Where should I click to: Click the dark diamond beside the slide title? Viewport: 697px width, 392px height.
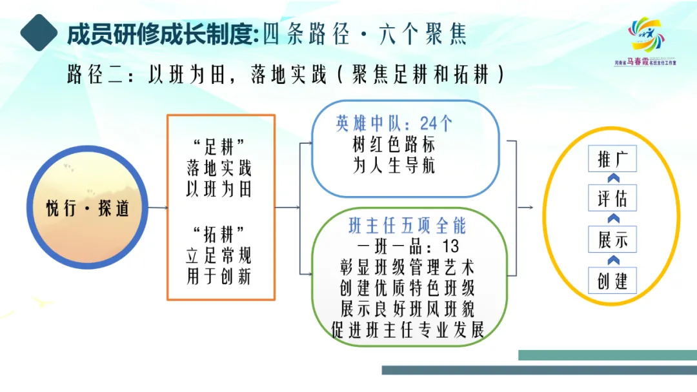point(39,32)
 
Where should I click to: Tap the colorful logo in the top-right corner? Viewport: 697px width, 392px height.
point(647,35)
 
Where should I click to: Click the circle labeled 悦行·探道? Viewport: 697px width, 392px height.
point(87,208)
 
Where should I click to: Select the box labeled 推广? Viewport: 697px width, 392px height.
point(612,159)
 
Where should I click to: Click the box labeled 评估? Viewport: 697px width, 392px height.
point(612,198)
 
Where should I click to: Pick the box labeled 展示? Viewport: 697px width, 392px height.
point(612,239)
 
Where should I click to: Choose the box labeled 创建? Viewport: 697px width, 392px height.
point(612,280)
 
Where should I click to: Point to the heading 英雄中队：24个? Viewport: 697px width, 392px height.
point(394,123)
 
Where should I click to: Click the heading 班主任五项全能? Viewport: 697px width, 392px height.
point(407,226)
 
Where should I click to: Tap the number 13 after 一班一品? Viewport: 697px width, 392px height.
point(450,246)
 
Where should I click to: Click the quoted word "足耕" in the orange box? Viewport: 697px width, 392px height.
point(219,146)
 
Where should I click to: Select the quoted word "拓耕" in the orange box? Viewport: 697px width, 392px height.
point(219,233)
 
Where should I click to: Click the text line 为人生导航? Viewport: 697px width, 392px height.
point(394,165)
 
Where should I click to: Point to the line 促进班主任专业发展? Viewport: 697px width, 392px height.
point(407,330)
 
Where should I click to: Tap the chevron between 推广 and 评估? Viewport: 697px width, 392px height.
point(614,178)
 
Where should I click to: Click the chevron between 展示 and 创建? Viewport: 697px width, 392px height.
point(614,260)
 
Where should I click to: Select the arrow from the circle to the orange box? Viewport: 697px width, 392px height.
point(158,208)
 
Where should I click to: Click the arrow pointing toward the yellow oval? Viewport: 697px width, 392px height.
point(525,208)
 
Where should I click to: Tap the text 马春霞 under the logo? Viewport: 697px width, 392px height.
point(638,62)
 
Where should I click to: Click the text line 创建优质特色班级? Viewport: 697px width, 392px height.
point(407,288)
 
